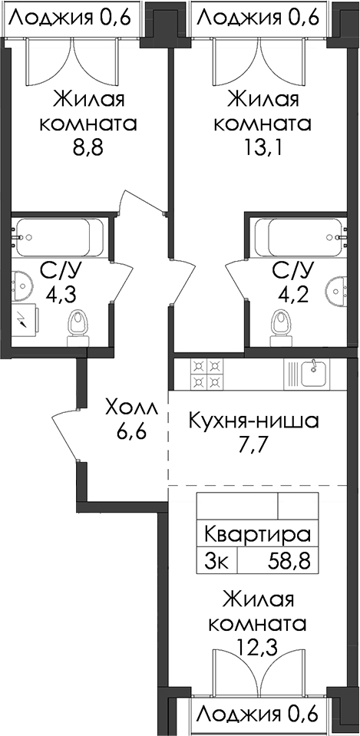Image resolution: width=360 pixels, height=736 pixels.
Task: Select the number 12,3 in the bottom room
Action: (258, 649)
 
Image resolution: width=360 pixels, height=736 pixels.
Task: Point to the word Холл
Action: (132, 408)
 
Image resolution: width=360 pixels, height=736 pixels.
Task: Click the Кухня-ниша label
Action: (253, 421)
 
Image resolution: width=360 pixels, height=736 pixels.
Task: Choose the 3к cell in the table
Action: (217, 560)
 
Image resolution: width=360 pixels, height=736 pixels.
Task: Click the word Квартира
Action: (258, 535)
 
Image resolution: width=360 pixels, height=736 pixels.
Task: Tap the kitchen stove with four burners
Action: (206, 374)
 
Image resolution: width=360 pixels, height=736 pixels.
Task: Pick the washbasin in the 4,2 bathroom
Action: (337, 289)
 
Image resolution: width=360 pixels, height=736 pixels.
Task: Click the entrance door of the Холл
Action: (66, 434)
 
